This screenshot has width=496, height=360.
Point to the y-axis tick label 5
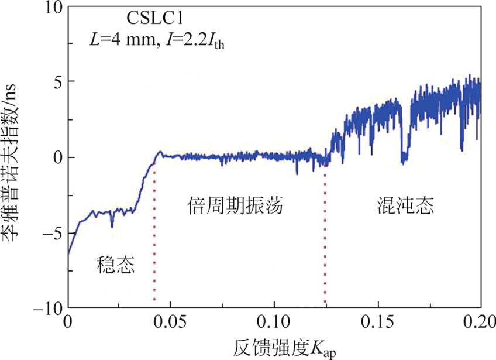point(57,82)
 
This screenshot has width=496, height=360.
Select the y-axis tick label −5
point(52,233)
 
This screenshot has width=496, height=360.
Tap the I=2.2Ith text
point(195,42)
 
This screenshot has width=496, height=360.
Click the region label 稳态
point(116,267)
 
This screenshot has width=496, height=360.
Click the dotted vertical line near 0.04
point(154,234)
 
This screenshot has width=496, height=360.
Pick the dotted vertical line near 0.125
point(325,234)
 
